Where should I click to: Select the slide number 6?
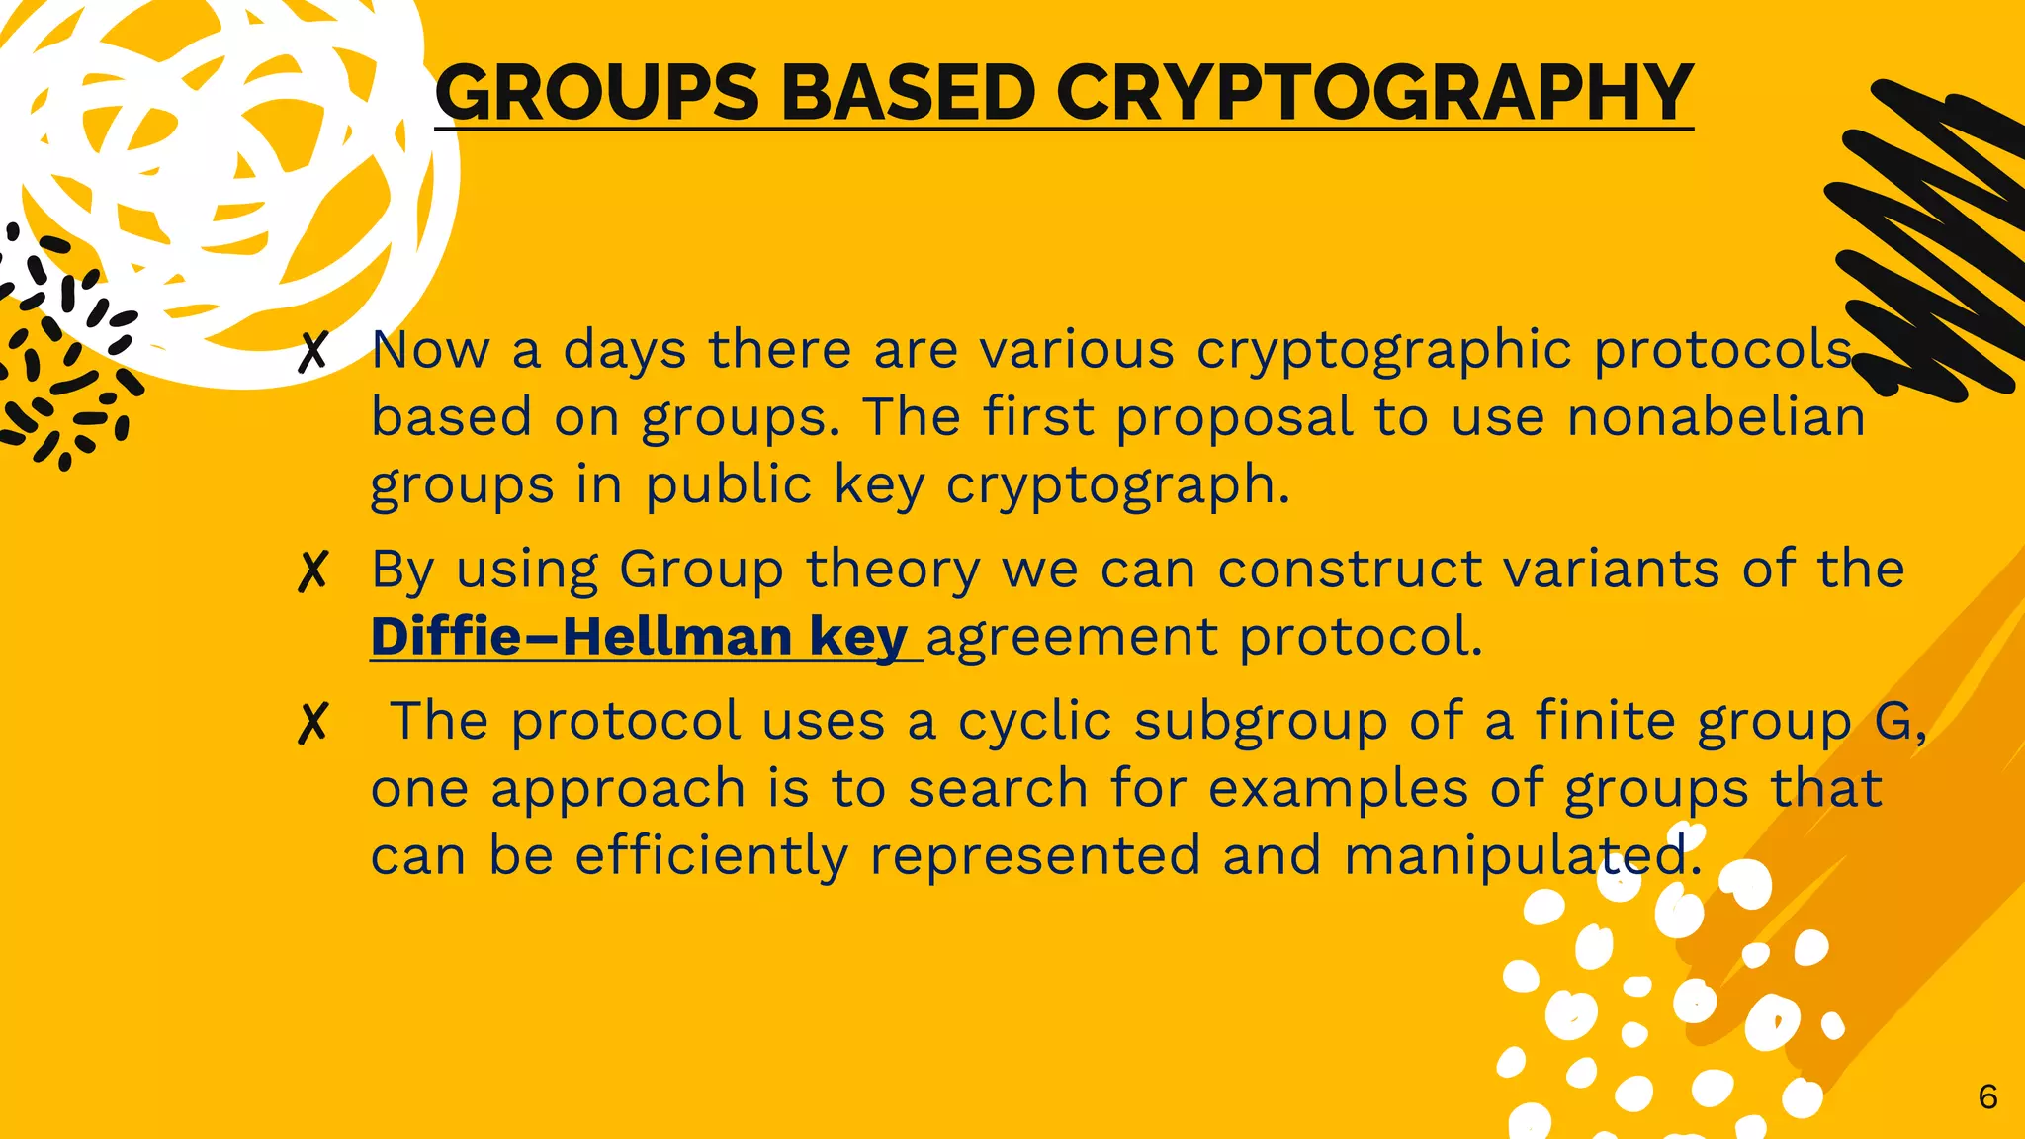click(x=1987, y=1096)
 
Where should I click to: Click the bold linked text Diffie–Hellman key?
click(x=639, y=636)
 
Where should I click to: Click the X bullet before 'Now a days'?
click(x=312, y=351)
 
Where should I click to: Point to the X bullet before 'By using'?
click(x=312, y=570)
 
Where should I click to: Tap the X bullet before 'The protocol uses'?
click(x=312, y=723)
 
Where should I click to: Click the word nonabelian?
click(x=1717, y=416)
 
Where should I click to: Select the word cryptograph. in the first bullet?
click(x=1117, y=485)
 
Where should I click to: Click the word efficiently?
click(x=711, y=855)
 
